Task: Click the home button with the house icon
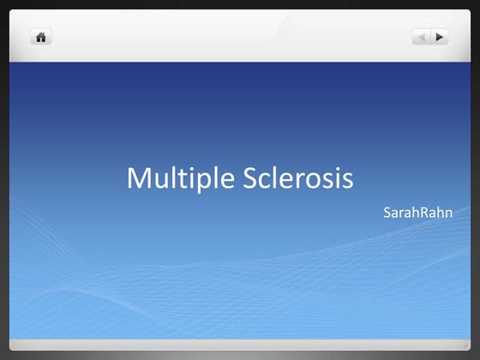click(x=41, y=37)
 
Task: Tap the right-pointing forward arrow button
click(x=440, y=37)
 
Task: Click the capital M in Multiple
click(x=137, y=178)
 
